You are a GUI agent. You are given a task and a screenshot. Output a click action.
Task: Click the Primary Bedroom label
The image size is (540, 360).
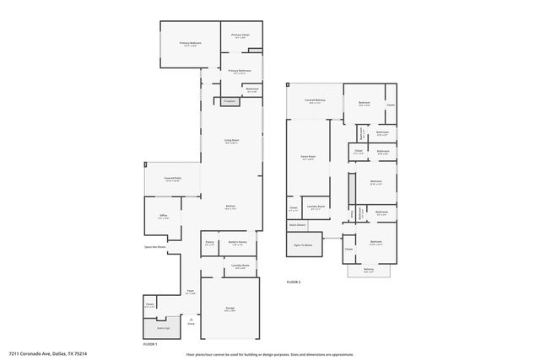coord(189,43)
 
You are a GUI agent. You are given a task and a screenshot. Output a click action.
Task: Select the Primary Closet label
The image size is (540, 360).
coord(240,35)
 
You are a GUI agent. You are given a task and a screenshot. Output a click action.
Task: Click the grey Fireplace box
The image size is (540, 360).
coord(228,101)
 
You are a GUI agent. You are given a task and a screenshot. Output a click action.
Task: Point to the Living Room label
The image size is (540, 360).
coord(231,141)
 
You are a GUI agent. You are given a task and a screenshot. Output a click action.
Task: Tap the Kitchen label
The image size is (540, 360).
coord(229,207)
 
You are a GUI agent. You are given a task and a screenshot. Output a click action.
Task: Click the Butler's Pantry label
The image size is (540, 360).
coord(237,243)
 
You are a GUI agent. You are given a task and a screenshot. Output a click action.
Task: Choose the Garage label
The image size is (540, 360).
coord(229,309)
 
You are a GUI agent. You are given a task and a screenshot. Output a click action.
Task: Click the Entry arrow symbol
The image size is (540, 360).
coord(191,321)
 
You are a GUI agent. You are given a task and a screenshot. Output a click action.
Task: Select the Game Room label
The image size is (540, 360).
coord(307,157)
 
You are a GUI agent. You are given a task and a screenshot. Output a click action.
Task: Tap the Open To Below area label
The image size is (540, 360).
coord(303,244)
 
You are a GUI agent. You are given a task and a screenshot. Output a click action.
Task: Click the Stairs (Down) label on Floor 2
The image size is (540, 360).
coord(298,225)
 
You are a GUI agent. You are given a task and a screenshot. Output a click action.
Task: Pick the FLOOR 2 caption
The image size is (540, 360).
coord(294,281)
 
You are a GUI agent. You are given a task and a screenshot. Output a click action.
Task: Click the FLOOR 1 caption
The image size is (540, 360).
coord(149,344)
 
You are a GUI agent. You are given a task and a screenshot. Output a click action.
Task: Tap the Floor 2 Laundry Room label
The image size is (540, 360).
coord(316,207)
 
